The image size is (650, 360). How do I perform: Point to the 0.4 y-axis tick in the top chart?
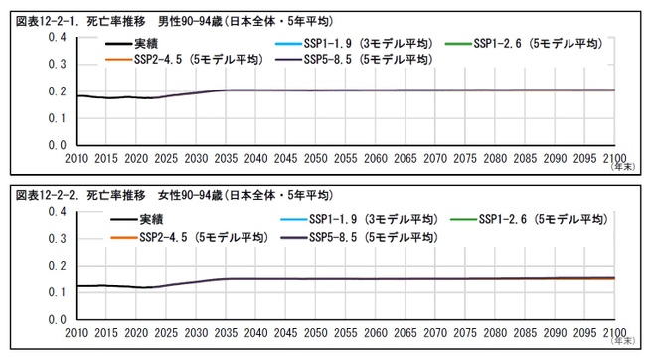[x=58, y=38]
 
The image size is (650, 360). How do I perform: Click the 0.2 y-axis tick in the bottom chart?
[x=58, y=266]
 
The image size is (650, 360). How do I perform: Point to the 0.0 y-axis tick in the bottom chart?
[x=58, y=320]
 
